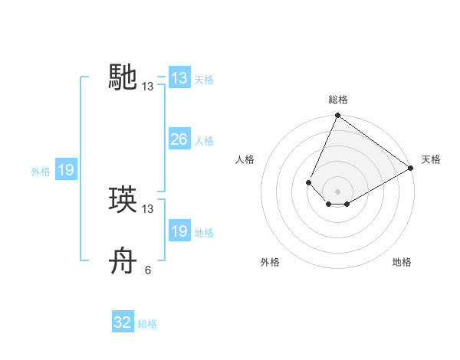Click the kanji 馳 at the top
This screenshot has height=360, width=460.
click(x=123, y=77)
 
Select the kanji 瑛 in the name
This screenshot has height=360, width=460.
click(x=123, y=200)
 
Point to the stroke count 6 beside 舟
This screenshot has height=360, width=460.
click(x=148, y=270)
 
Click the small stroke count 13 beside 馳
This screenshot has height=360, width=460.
click(x=148, y=87)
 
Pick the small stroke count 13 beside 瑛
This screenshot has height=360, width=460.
click(x=148, y=209)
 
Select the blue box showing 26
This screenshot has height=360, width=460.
click(x=179, y=139)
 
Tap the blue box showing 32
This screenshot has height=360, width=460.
click(x=123, y=322)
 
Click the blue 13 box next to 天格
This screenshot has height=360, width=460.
click(x=179, y=78)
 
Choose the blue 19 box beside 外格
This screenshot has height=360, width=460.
click(x=66, y=170)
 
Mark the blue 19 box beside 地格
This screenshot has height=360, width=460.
click(x=179, y=231)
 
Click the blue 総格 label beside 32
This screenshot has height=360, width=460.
click(x=147, y=324)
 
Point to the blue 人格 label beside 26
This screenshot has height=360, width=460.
click(x=204, y=141)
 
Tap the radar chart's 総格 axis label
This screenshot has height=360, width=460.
click(x=337, y=100)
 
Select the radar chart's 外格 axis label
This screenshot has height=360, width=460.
click(x=270, y=263)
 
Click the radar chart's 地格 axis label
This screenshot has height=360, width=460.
click(x=402, y=263)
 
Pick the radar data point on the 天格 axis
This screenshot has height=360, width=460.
click(x=410, y=168)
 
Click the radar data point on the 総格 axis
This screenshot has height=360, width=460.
click(x=337, y=116)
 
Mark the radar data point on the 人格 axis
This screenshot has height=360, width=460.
click(x=308, y=182)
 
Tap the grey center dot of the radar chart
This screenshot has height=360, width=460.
click(x=337, y=191)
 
